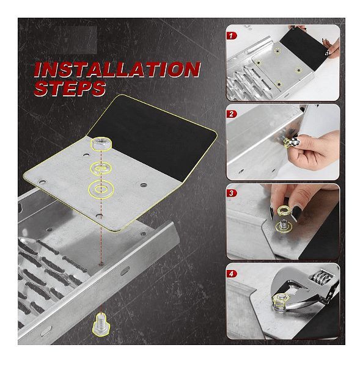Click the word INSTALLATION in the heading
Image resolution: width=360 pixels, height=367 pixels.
[x=117, y=70]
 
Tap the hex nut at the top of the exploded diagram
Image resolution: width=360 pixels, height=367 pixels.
[x=101, y=144]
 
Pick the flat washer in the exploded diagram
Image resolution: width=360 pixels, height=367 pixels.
[x=101, y=189]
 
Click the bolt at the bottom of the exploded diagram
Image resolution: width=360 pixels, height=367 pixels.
[x=101, y=324]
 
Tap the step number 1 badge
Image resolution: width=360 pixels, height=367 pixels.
[x=232, y=36]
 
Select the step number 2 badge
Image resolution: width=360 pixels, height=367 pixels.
[x=232, y=114]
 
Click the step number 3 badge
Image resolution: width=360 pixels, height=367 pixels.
[x=232, y=193]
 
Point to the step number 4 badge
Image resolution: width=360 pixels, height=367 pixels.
[x=232, y=274]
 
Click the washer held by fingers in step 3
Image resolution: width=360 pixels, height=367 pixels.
[x=284, y=210]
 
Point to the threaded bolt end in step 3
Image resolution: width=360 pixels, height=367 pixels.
[x=284, y=224]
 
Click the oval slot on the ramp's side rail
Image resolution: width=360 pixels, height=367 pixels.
[x=125, y=271]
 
